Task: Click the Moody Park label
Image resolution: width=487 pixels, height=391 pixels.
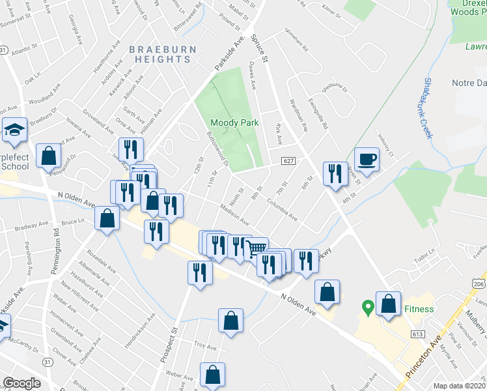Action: (x=234, y=123)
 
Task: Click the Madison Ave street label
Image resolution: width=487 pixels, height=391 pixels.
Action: (x=234, y=213)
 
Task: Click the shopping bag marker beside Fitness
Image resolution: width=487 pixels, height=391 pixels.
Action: (x=389, y=304)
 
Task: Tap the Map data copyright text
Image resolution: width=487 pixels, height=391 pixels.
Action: (x=460, y=386)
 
